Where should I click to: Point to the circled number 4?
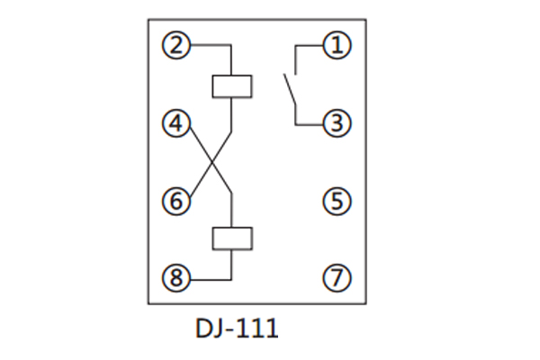click(176, 123)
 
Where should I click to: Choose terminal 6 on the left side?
click(176, 201)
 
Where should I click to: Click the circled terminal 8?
click(176, 279)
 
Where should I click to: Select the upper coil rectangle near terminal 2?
click(231, 85)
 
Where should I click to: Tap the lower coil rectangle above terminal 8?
click(231, 238)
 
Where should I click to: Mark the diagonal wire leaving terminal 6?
click(198, 182)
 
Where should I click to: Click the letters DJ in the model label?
click(209, 328)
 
